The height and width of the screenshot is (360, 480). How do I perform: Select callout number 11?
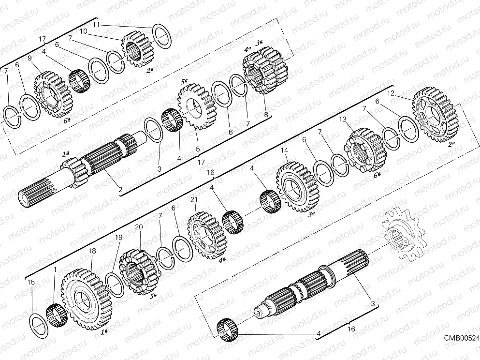pyautogui.click(x=96, y=24)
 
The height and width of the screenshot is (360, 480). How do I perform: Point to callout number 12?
pyautogui.click(x=391, y=92)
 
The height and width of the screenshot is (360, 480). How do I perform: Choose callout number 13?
pyautogui.click(x=342, y=119)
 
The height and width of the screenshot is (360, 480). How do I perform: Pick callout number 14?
pyautogui.click(x=284, y=150)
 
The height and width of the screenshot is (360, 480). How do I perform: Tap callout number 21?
pyautogui.click(x=193, y=200)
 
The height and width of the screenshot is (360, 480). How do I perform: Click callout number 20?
pyautogui.click(x=138, y=227)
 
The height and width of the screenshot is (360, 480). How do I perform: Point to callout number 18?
pyautogui.click(x=92, y=251)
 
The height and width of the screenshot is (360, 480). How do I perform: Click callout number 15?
pyautogui.click(x=31, y=282)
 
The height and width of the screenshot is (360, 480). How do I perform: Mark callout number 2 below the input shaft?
pyautogui.click(x=120, y=189)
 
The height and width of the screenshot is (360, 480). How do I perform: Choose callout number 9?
pyautogui.click(x=30, y=58)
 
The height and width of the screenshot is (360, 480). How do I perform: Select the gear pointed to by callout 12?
pyautogui.click(x=435, y=115)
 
